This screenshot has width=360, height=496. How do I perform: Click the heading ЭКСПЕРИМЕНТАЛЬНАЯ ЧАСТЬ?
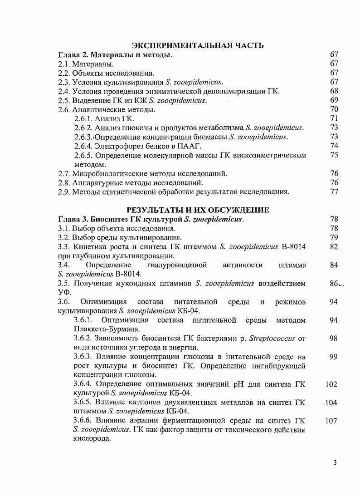(198, 45)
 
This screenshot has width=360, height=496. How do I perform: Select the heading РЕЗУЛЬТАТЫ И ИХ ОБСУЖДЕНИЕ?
(198, 210)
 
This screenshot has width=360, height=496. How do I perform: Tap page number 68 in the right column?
(334, 91)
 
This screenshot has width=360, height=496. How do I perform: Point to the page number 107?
(331, 421)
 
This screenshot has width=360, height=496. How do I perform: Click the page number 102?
(331, 384)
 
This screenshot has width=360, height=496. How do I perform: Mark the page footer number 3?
(335, 463)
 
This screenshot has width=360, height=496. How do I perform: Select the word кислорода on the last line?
(92, 439)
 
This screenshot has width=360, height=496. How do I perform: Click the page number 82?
(334, 246)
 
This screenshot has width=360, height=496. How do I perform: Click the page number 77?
(334, 192)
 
